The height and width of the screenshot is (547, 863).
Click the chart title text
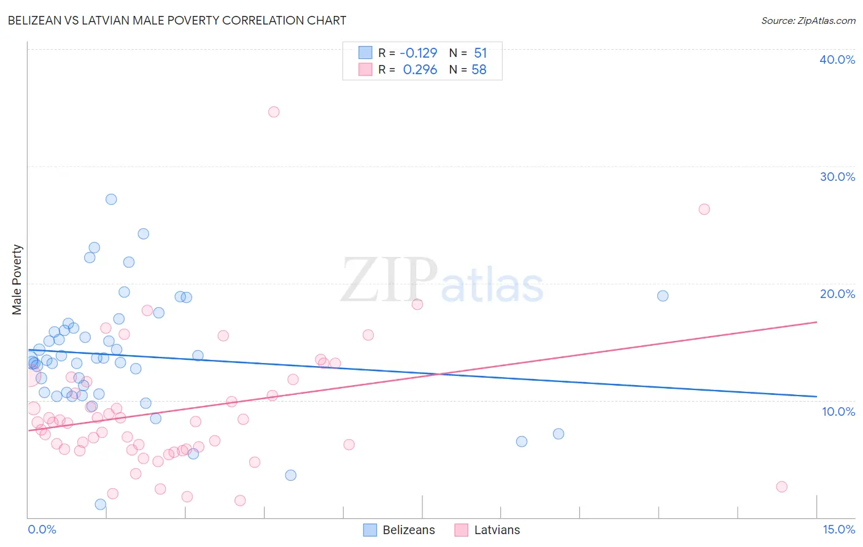click(177, 20)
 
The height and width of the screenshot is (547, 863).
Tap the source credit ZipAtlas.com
click(808, 20)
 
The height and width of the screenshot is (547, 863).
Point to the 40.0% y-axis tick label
click(837, 59)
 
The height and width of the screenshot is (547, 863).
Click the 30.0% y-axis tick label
click(837, 177)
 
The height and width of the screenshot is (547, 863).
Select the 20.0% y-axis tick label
click(837, 294)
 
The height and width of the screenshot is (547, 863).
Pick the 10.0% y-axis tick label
click(838, 411)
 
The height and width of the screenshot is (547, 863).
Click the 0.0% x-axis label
click(42, 529)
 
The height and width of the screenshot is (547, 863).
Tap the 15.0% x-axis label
click(838, 529)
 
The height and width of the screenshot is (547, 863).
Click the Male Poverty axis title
click(17, 280)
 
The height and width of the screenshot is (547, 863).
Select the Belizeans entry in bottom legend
click(408, 530)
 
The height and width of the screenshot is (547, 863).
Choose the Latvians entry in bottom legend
click(497, 530)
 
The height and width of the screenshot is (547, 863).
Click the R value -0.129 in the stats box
click(419, 53)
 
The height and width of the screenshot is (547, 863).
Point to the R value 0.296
click(420, 70)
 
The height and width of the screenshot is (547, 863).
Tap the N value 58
click(479, 70)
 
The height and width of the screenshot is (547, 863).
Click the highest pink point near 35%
click(274, 112)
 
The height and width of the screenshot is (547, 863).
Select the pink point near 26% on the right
click(704, 209)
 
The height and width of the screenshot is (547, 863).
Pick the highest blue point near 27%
click(111, 199)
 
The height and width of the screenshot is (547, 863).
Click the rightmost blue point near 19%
click(663, 296)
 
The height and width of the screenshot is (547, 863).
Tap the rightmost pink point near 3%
click(781, 487)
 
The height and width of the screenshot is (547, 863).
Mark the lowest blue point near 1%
click(101, 505)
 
